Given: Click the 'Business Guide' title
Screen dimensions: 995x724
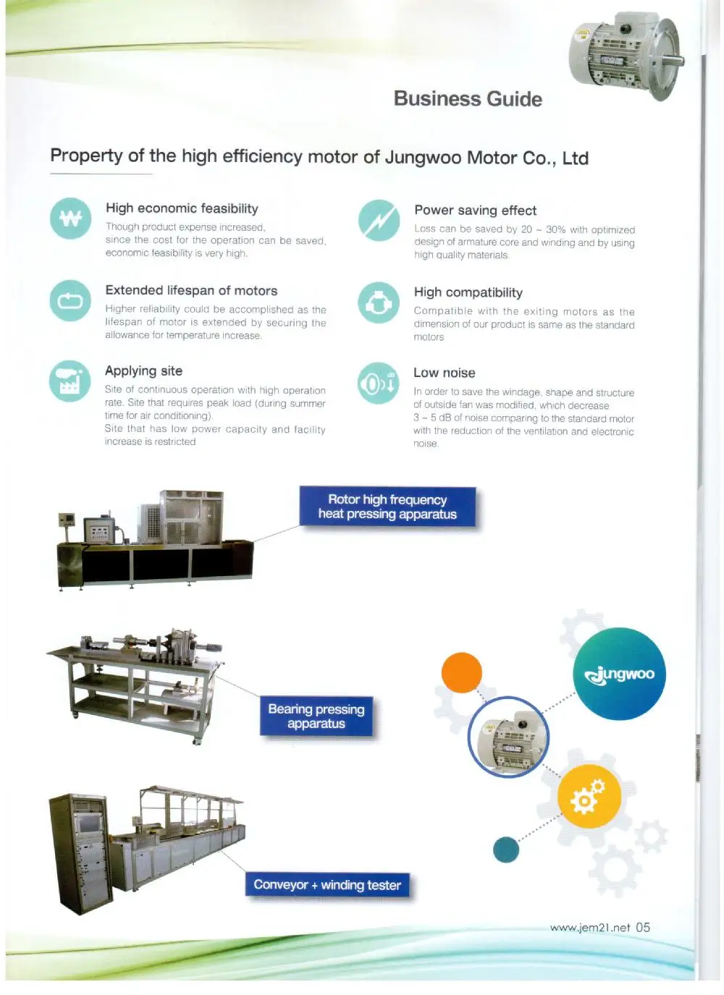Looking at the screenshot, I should pos(468,99).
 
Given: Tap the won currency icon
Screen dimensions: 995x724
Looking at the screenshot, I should pos(70,218).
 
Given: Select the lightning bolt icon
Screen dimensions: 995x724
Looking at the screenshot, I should pos(379,220).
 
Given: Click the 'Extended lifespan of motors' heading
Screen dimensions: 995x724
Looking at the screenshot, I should pos(191,290).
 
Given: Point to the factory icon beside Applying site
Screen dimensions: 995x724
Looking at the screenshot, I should pos(70,381).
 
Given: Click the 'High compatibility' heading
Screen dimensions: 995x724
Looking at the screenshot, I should pos(468,292).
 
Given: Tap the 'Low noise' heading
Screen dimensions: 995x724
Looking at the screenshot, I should pos(444,373).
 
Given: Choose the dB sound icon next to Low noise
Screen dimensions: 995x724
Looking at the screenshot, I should pos(378,383).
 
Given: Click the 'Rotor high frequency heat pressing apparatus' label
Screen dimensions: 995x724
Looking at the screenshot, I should pos(387,507).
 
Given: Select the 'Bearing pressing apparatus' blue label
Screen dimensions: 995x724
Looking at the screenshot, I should pos(316,716).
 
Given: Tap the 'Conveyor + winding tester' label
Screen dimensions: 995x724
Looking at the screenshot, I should pos(327,885).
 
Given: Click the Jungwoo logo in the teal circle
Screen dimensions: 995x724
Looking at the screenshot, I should pos(619,674).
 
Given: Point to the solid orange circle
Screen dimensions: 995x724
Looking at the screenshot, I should pos(462,672).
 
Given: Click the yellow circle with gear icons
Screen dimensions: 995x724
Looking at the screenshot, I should pos(589,796).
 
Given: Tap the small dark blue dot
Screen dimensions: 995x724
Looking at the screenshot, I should pos(506,849).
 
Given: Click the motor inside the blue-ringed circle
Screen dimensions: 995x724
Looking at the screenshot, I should pos(508,737).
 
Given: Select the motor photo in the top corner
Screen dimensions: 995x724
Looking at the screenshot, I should pos(625,56).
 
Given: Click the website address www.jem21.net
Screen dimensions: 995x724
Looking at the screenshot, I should pos(589,928).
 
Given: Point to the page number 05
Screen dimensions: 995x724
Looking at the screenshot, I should pos(643,927).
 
